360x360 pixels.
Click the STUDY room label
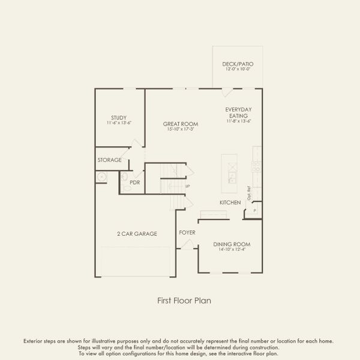tap(118, 117)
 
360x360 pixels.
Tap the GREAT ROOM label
tap(181, 124)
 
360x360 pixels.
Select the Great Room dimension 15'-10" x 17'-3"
tap(181, 130)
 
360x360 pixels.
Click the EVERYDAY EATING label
tap(238, 112)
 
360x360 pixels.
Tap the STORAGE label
tap(110, 160)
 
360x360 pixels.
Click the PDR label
tap(134, 182)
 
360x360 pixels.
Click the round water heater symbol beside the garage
tap(102, 177)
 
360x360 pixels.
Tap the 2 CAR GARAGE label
tap(137, 233)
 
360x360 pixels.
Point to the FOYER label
tap(187, 232)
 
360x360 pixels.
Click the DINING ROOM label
tap(232, 244)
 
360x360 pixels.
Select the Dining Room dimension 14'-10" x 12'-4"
tap(232, 250)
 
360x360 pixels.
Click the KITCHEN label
tap(230, 203)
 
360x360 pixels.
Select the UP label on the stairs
tap(187, 187)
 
